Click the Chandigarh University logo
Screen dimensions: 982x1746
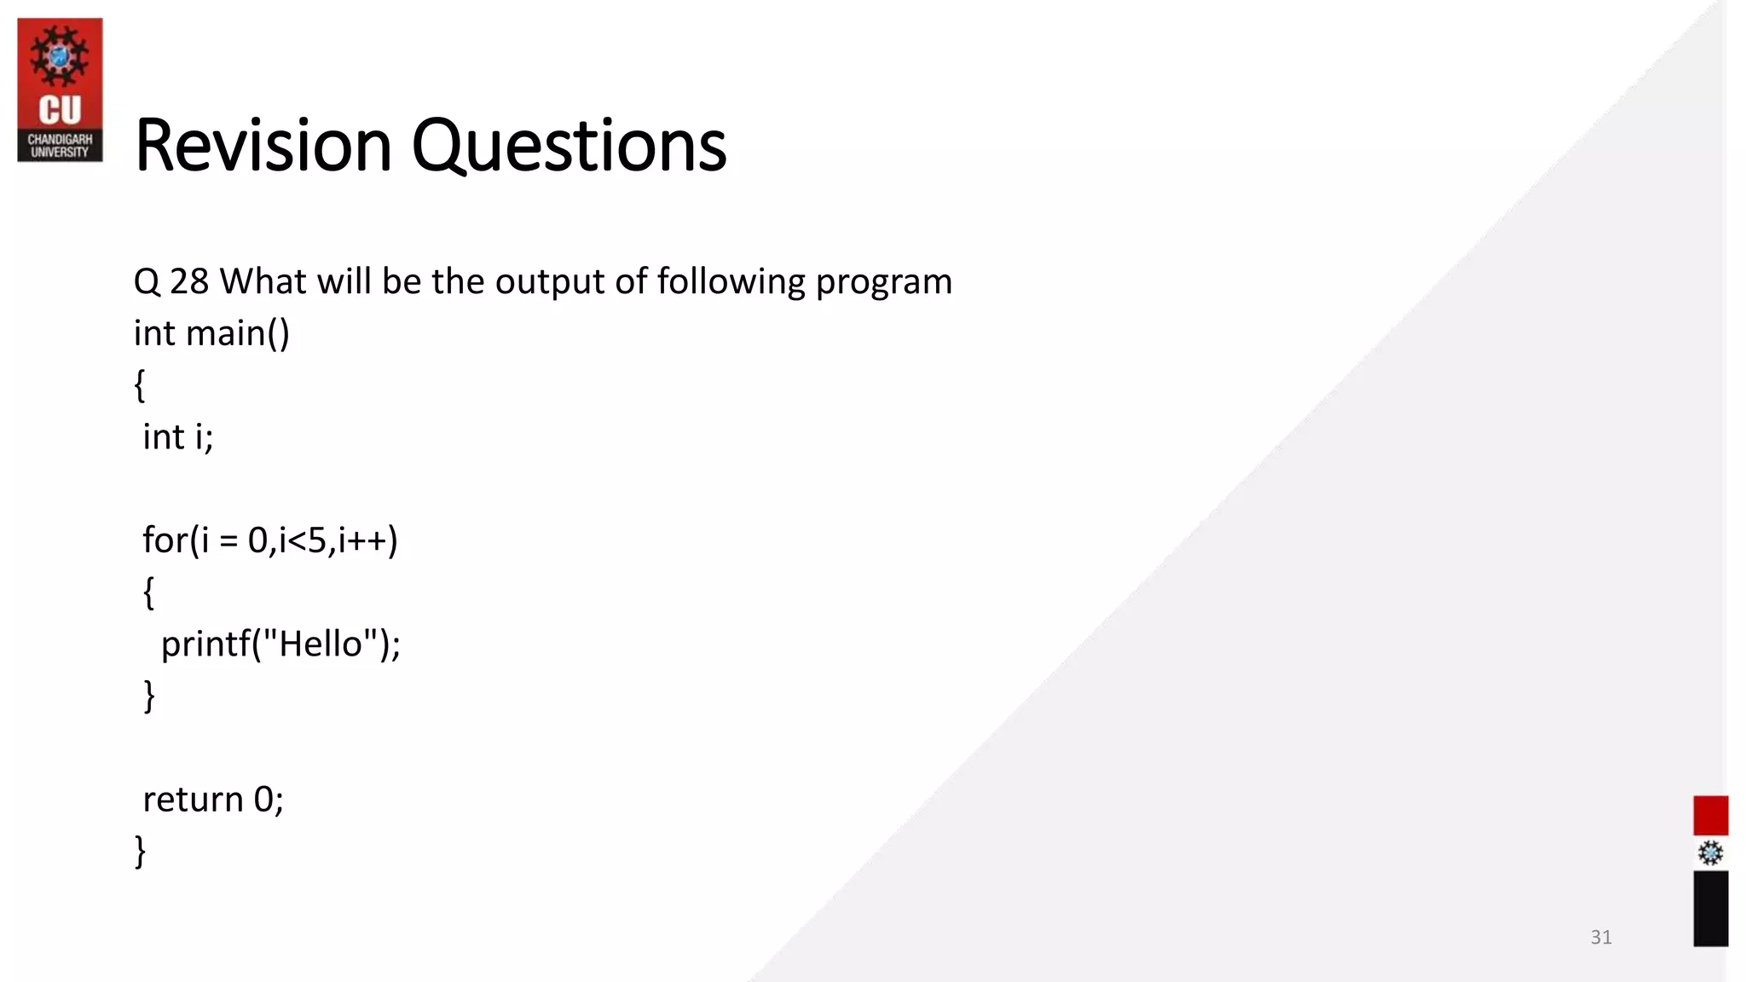[x=60, y=90]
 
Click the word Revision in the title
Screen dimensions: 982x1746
[x=263, y=146]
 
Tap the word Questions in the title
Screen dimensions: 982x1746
[x=569, y=146]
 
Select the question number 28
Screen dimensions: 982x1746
[x=188, y=281]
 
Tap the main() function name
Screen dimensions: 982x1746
[x=238, y=333]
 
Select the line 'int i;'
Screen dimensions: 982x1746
[x=177, y=437]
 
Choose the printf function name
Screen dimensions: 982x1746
[x=205, y=644]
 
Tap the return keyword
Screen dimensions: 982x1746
[x=193, y=800]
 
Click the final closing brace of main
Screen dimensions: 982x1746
[x=141, y=851]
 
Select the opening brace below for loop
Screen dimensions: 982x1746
[x=148, y=592]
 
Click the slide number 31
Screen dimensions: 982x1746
[x=1600, y=938]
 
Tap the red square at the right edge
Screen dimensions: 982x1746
[x=1710, y=815]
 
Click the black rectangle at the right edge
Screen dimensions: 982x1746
[x=1710, y=908]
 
